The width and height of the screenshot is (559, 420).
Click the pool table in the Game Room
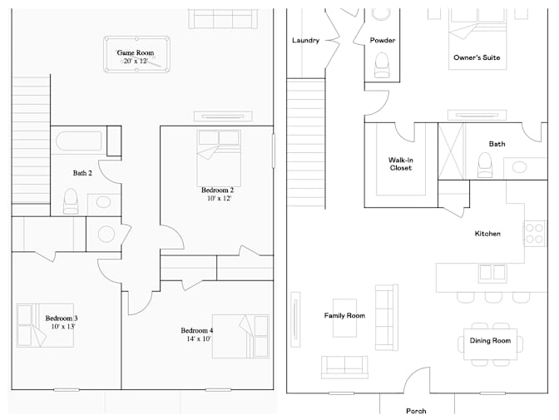[136, 54]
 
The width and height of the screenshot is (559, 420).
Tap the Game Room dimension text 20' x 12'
[136, 61]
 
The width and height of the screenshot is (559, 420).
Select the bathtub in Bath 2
[79, 141]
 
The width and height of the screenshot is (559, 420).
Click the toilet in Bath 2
[71, 201]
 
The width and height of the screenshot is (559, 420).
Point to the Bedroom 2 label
[217, 190]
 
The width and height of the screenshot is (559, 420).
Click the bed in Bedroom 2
[219, 158]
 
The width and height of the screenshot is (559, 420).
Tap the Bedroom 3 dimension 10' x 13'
[63, 326]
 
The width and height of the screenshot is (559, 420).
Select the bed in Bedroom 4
[240, 336]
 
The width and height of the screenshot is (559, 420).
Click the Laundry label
[305, 40]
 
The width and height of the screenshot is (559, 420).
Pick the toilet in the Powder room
[382, 65]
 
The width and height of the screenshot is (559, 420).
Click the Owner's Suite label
[477, 57]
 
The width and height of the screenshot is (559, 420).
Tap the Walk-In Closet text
[401, 164]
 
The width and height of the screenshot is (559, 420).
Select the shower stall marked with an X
[452, 151]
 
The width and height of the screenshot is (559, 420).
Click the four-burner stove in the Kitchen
[534, 233]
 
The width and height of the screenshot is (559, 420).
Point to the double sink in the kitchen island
[492, 273]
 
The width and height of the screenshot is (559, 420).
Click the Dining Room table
[490, 344]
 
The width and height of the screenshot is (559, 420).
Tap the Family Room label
[344, 315]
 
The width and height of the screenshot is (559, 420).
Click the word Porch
[416, 411]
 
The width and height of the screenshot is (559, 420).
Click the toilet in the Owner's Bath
[484, 165]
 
